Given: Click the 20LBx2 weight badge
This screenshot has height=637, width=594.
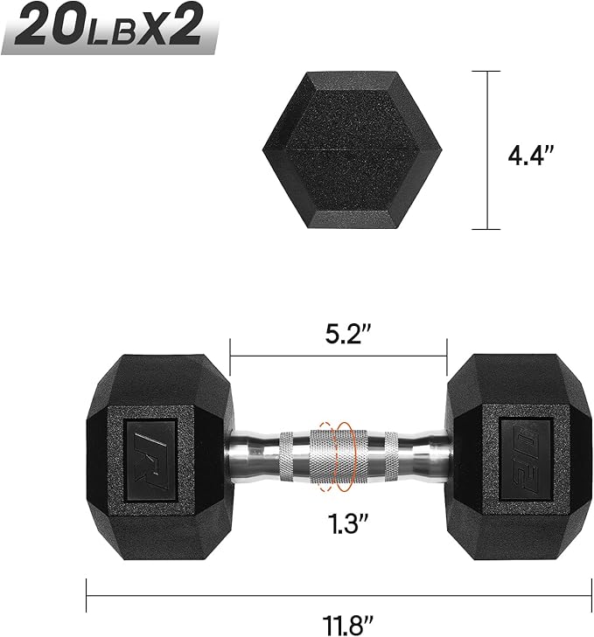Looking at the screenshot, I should pyautogui.click(x=109, y=28).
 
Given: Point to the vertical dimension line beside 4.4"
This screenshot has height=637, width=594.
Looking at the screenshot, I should pyautogui.click(x=486, y=150).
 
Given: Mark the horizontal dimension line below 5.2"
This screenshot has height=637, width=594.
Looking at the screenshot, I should pyautogui.click(x=339, y=357).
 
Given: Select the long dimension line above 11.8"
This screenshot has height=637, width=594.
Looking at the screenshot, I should pyautogui.click(x=339, y=597).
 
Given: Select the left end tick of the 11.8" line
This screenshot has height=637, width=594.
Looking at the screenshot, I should pyautogui.click(x=87, y=597).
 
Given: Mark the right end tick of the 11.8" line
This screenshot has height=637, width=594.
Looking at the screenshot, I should pyautogui.click(x=591, y=597).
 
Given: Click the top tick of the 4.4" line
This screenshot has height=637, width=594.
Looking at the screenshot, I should pyautogui.click(x=486, y=72).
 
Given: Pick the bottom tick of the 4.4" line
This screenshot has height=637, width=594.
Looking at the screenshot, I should pyautogui.click(x=486, y=229).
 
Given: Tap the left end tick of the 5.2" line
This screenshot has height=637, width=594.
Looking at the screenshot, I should pyautogui.click(x=230, y=357).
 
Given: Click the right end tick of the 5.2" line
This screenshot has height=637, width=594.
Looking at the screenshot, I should pyautogui.click(x=447, y=357).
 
